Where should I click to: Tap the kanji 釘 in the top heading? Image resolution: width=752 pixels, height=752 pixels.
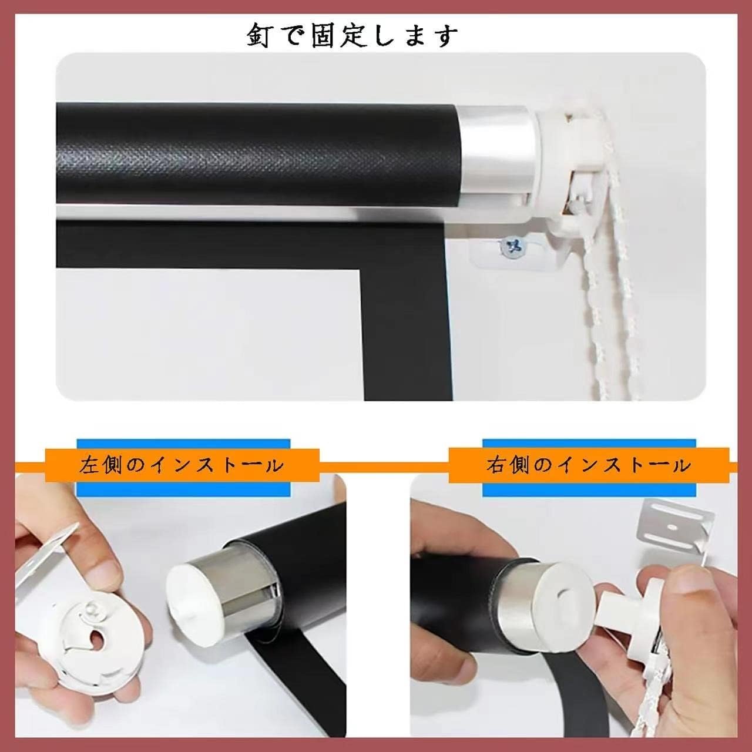click(258, 36)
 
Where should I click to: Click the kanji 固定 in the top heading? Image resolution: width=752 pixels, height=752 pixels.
click(347, 36)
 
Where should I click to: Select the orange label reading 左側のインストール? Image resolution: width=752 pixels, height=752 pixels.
click(182, 465)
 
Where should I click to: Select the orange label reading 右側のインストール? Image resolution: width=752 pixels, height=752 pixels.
click(589, 465)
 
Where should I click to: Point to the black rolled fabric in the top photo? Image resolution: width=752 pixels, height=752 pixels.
click(257, 153)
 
